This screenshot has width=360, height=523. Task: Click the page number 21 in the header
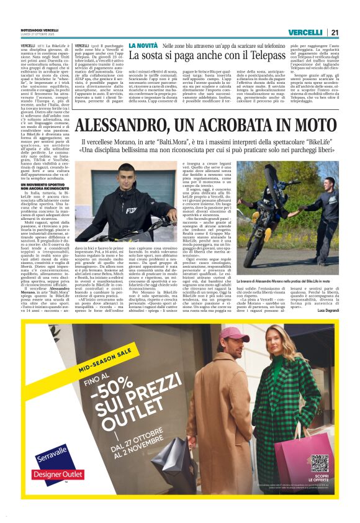[334, 32]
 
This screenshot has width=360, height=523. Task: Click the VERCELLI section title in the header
[306, 32]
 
